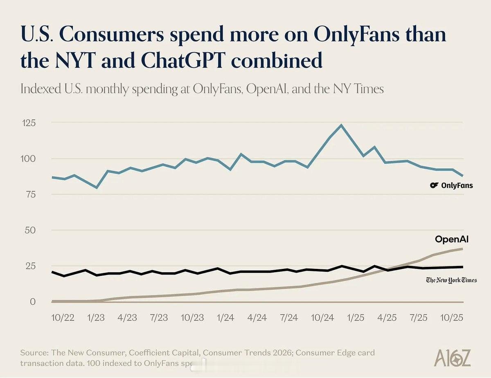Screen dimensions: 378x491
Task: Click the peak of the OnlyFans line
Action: click(x=341, y=125)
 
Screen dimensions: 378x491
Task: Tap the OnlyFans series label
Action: click(x=457, y=186)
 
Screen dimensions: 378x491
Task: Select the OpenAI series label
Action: click(x=451, y=239)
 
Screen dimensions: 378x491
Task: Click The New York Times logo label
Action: click(x=451, y=280)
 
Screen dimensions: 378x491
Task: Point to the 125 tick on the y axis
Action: click(x=28, y=123)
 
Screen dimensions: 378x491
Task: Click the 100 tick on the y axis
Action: click(x=28, y=159)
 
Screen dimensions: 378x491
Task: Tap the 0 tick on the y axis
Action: click(x=32, y=302)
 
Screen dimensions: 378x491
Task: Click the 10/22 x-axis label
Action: click(x=63, y=318)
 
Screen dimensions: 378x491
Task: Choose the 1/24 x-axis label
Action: click(x=225, y=318)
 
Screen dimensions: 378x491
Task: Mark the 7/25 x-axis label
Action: click(x=419, y=318)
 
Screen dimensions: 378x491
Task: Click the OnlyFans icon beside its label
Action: click(x=434, y=186)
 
